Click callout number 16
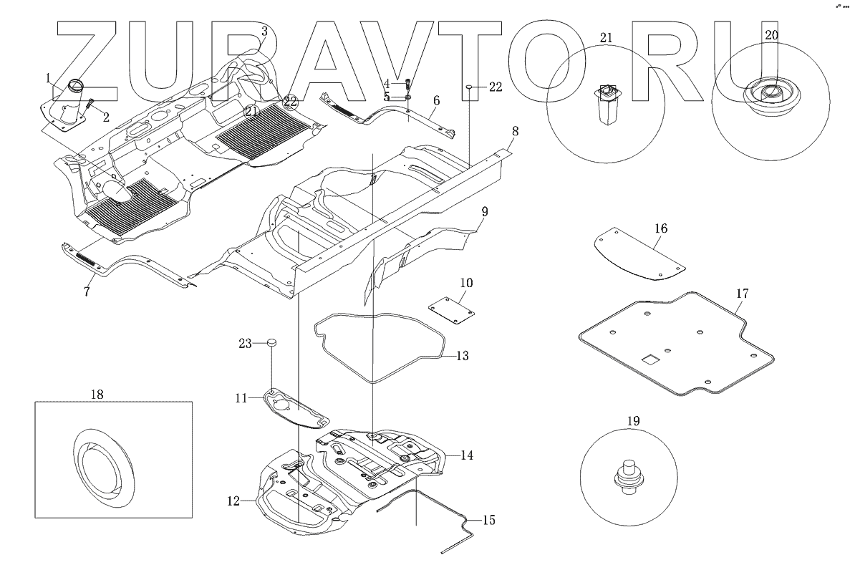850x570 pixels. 660,228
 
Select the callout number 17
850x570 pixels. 742,293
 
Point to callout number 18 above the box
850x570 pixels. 97,394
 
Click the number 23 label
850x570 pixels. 246,344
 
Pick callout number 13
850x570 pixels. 462,355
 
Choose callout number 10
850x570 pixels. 466,284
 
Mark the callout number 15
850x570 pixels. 488,521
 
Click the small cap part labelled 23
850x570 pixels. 271,343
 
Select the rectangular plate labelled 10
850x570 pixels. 453,310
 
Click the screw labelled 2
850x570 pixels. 91,105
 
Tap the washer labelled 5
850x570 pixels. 407,96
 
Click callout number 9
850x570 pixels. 484,211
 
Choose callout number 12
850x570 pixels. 233,502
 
